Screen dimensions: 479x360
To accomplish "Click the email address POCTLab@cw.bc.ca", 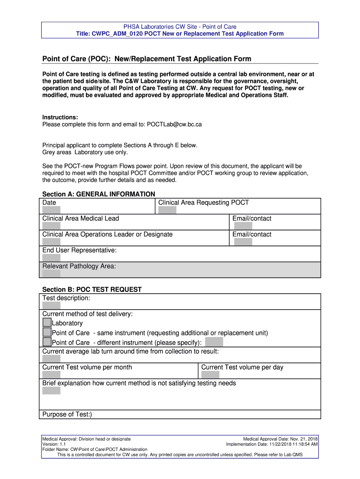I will (x=174, y=124).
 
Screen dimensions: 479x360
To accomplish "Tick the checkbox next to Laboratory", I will (x=47, y=322).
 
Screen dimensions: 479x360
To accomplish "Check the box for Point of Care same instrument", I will (x=47, y=332).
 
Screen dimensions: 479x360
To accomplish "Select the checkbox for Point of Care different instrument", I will (x=47, y=342).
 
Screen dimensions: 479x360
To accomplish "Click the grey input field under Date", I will (x=51, y=210).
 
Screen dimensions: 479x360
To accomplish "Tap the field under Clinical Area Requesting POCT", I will (x=167, y=210).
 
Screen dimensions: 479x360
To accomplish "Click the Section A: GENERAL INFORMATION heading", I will (x=99, y=194).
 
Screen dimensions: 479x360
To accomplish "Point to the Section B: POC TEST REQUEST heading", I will (x=92, y=290).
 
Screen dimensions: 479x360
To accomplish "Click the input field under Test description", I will (x=51, y=305).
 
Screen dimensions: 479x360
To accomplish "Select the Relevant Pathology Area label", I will (x=79, y=266).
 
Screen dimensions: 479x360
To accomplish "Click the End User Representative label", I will (x=79, y=250).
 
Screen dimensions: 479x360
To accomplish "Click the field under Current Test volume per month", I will (x=51, y=375).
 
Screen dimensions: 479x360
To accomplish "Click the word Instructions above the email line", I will (x=60, y=117).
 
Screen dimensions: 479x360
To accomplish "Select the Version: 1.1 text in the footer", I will (x=54, y=444).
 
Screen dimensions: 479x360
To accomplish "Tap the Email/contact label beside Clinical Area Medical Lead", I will (x=252, y=218).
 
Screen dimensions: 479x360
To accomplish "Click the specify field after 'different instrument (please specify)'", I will (x=214, y=342).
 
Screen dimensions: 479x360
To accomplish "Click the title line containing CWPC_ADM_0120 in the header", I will (x=180, y=34).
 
